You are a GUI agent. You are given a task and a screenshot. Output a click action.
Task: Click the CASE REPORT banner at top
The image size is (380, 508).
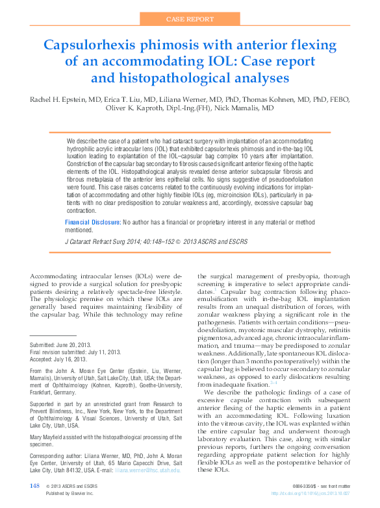point(190,19)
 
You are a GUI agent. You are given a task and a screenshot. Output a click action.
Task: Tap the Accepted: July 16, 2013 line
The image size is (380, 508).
point(57,359)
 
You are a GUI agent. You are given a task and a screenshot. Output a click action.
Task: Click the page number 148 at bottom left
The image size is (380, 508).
point(35,486)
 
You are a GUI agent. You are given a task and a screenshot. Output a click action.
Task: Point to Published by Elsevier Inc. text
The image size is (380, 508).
point(70,494)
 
